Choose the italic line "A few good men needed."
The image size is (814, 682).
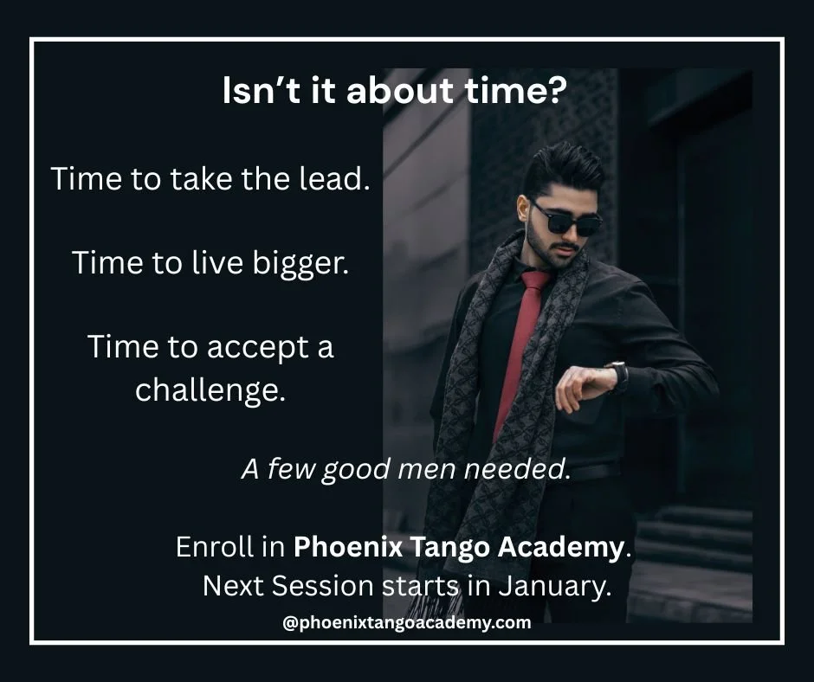coord(406,471)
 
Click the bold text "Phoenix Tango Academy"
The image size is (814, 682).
coord(458,547)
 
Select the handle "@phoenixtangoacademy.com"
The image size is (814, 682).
coord(407,622)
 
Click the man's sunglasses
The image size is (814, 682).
coord(567,217)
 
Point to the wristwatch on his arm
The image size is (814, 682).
coord(618,374)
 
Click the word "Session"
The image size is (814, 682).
coord(324,586)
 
